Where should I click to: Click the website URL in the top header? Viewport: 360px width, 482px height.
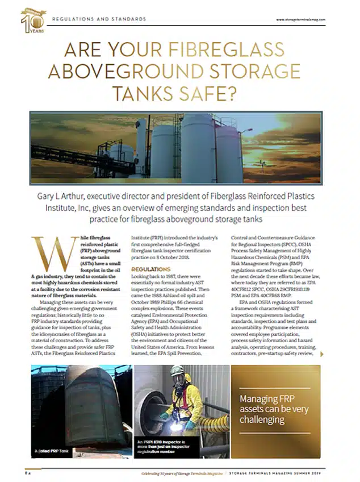[x=300, y=19]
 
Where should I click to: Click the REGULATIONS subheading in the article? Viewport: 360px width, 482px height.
[x=150, y=268]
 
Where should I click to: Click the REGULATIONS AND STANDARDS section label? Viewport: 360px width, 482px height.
[x=99, y=19]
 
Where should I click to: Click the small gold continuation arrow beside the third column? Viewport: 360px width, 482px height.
[x=323, y=354]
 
